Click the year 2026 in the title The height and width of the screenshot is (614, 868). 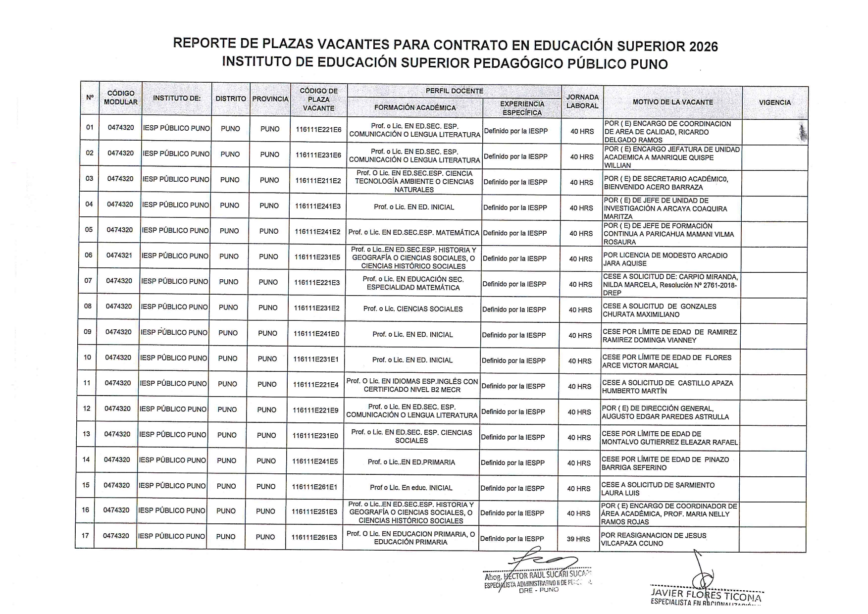tap(699, 47)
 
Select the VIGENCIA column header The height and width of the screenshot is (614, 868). tap(774, 102)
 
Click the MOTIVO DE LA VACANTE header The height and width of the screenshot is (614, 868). tap(672, 102)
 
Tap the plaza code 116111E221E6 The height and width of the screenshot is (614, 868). tap(318, 129)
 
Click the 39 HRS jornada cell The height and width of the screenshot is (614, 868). tap(578, 539)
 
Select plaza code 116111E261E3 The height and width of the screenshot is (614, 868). tap(314, 537)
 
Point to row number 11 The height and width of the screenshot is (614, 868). tap(87, 383)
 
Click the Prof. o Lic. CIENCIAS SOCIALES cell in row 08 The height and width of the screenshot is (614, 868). tap(412, 309)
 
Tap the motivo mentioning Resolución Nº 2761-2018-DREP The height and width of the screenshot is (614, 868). tap(670, 285)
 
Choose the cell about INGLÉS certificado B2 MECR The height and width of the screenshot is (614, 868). tap(412, 385)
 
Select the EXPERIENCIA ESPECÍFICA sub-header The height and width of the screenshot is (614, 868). tap(522, 108)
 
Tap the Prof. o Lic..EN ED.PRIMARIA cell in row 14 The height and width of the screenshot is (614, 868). tap(411, 462)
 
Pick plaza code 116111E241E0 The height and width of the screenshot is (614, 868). tap(316, 334)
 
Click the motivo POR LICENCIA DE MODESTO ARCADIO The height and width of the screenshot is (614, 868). tap(665, 259)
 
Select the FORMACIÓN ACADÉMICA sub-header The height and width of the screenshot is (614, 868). tap(415, 107)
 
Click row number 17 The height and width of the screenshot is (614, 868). tap(86, 535)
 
